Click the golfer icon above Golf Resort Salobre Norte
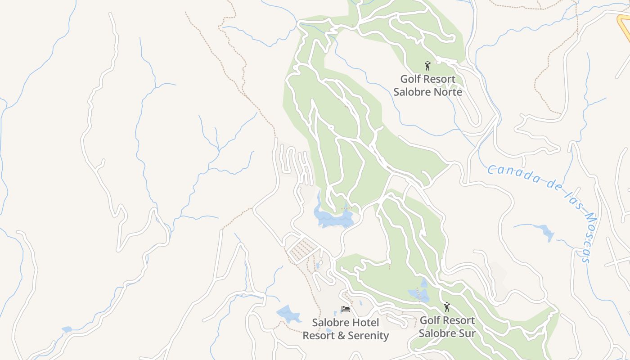coord(427,66)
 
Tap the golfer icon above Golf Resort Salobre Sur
coord(447,307)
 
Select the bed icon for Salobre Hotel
coord(346,309)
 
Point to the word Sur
coord(466,333)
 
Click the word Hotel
coord(364,323)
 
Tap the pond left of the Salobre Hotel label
coord(288,314)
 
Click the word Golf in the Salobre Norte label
coord(410,79)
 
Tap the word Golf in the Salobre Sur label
coord(430,320)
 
